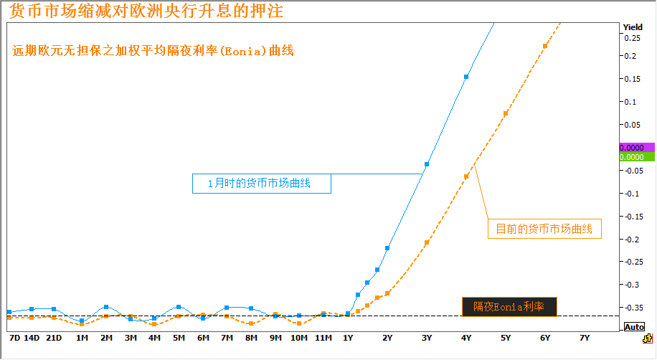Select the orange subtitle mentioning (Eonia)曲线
coord(153,52)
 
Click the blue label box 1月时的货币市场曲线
coord(261,184)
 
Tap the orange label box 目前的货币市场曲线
coord(544,229)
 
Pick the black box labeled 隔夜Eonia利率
coord(508,306)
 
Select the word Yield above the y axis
coord(633,27)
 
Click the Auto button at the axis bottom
coord(634,326)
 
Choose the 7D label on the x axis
coord(14,337)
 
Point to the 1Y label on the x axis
coord(348,337)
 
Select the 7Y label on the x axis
coord(584,337)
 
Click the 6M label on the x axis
coord(203,337)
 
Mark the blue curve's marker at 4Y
coord(466,77)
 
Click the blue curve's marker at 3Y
coord(427,165)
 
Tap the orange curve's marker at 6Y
coord(545,46)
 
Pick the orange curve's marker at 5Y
coord(506,113)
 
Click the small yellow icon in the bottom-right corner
coord(647,338)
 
